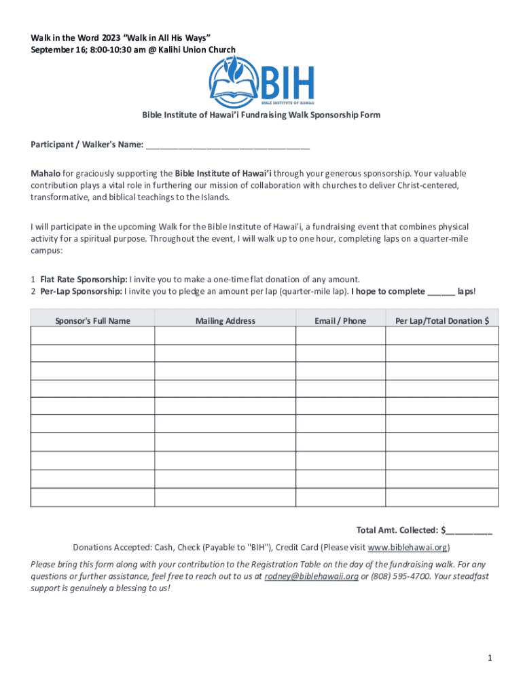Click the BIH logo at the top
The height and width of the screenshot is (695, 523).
pyautogui.click(x=261, y=81)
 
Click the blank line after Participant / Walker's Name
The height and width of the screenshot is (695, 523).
pyautogui.click(x=228, y=145)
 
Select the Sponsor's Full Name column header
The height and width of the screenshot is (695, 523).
pyautogui.click(x=92, y=321)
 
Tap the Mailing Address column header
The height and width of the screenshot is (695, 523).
pyautogui.click(x=225, y=321)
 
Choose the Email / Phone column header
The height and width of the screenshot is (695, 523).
pyautogui.click(x=340, y=321)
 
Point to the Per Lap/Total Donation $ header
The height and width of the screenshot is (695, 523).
pyautogui.click(x=441, y=321)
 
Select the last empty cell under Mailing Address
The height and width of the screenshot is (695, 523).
pyautogui.click(x=225, y=497)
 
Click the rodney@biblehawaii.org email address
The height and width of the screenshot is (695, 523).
pyautogui.click(x=311, y=576)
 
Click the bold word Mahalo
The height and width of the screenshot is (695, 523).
pyautogui.click(x=46, y=174)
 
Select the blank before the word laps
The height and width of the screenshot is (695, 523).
pyautogui.click(x=440, y=292)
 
